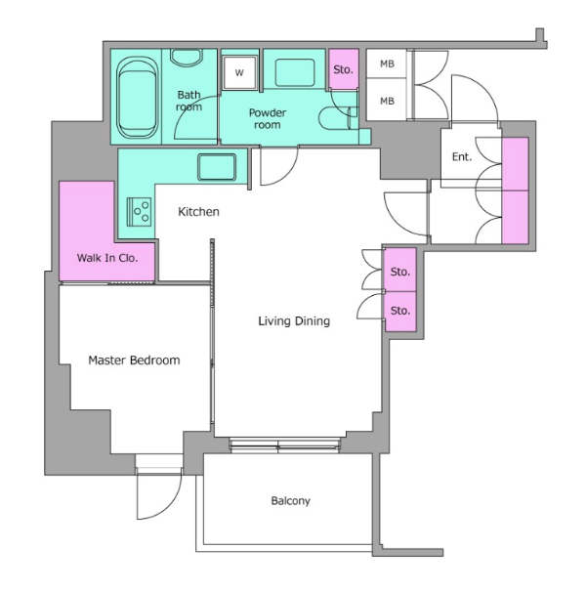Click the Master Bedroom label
(134, 360)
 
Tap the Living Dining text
(294, 321)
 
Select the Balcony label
(291, 501)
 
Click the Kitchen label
(198, 212)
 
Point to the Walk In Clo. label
(107, 258)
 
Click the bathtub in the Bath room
(137, 99)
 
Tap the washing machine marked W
(239, 72)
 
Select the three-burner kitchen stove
(140, 212)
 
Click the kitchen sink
(217, 167)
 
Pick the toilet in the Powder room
(338, 118)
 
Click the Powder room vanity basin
(295, 72)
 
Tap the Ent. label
(462, 156)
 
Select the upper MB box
(387, 63)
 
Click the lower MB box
(387, 100)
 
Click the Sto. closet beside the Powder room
(343, 69)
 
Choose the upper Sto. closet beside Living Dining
(400, 270)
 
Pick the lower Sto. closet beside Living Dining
(400, 312)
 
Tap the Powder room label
(268, 118)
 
